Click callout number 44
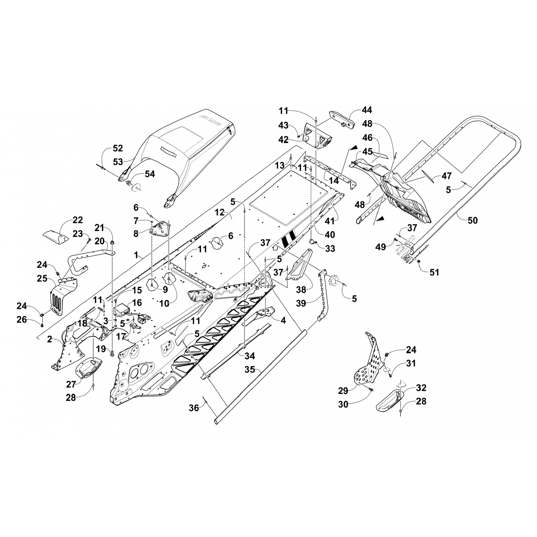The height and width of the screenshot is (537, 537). click(367, 110)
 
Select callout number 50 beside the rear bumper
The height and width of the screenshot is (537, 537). click(473, 220)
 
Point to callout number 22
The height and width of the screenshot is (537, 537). click(78, 220)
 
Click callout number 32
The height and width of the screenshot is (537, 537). click(421, 388)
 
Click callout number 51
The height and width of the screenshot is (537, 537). click(434, 272)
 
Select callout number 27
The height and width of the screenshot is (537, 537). click(71, 384)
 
